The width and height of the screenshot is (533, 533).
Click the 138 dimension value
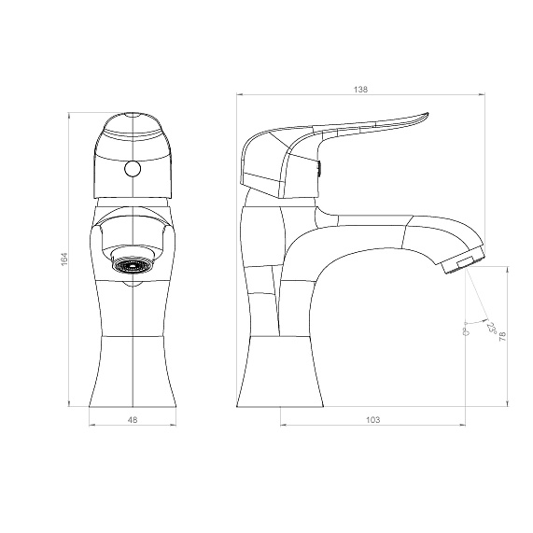pos(360,90)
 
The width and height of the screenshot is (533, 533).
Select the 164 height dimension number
pos(64,259)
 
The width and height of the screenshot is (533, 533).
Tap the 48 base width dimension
pos(133,420)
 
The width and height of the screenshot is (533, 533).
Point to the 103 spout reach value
pos(372,420)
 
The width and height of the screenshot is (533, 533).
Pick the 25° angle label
pos(491,328)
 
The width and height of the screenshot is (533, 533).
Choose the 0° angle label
pos(466,331)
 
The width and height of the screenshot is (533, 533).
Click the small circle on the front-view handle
pos(133,169)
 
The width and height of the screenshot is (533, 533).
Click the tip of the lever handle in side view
pos(428,114)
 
